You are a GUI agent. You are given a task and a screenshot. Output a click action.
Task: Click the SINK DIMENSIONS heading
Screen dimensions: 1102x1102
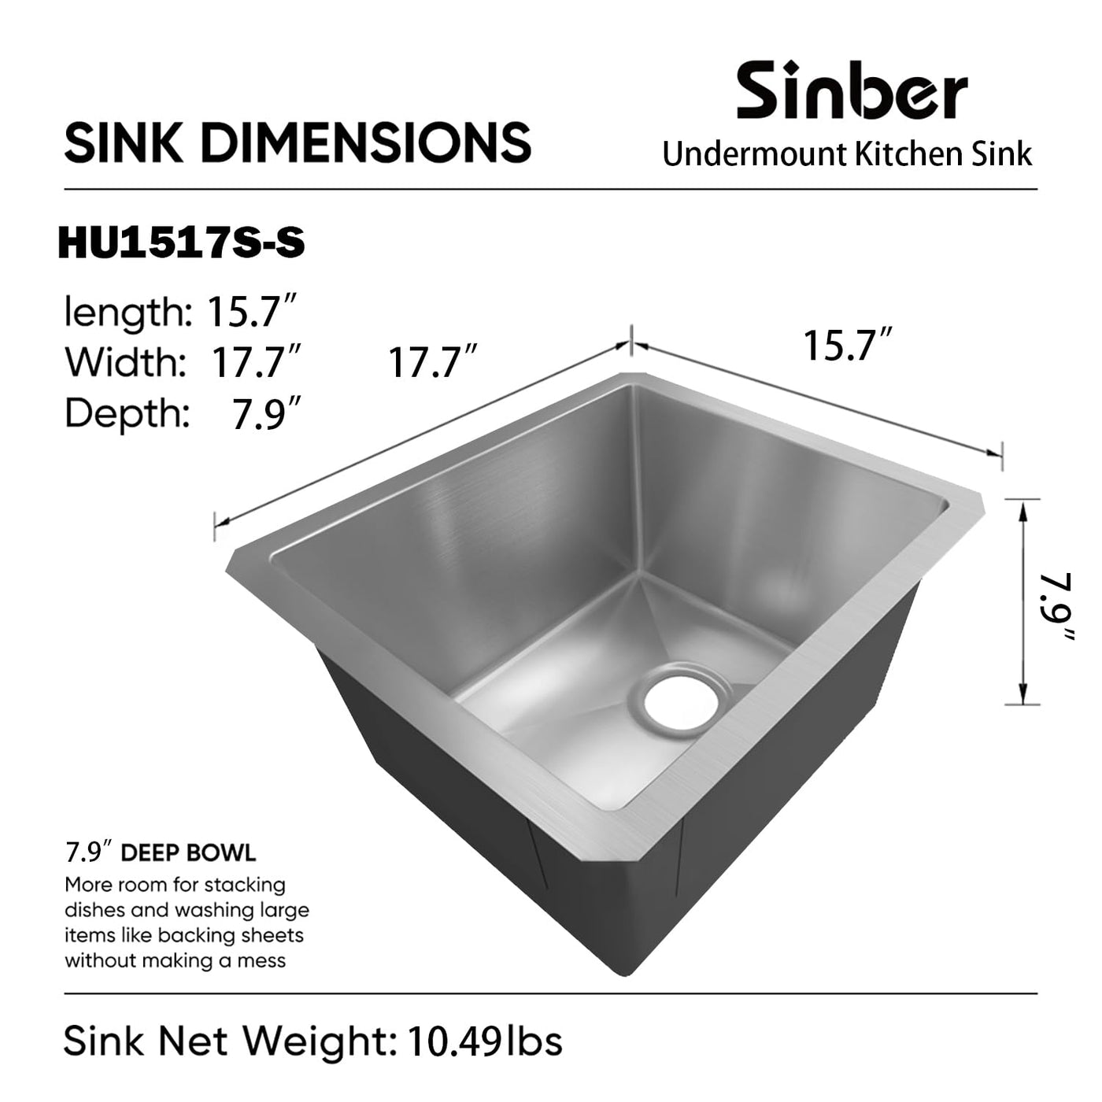point(298,142)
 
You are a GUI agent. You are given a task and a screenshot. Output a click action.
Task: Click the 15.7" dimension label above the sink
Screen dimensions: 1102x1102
point(848,346)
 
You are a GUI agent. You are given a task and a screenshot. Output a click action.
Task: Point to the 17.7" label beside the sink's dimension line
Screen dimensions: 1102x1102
point(433,363)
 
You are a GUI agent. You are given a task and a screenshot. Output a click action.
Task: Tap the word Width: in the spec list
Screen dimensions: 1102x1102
point(125,362)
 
